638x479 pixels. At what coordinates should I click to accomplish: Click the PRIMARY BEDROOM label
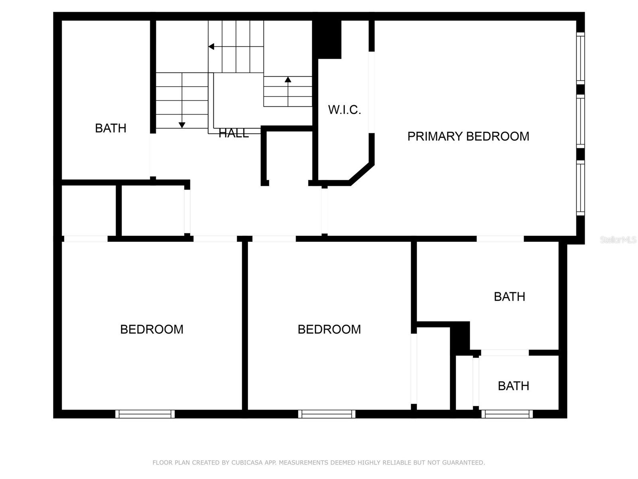pyautogui.click(x=468, y=137)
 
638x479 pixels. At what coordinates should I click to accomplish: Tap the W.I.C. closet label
pyautogui.click(x=345, y=110)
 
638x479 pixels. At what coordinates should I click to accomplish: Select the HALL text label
pyautogui.click(x=234, y=133)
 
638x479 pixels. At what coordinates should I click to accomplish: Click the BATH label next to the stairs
pyautogui.click(x=110, y=128)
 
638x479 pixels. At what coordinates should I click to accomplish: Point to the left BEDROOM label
pyautogui.click(x=152, y=329)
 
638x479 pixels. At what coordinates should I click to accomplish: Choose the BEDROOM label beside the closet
pyautogui.click(x=329, y=329)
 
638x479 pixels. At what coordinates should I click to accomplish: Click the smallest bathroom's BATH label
pyautogui.click(x=513, y=386)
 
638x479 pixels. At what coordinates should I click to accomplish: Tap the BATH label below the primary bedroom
pyautogui.click(x=509, y=297)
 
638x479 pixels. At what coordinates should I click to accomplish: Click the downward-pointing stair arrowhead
pyautogui.click(x=182, y=125)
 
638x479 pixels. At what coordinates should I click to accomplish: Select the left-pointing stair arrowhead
pyautogui.click(x=211, y=47)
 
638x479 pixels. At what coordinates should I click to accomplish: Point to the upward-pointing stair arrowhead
pyautogui.click(x=288, y=79)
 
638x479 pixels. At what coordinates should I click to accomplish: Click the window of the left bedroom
pyautogui.click(x=145, y=414)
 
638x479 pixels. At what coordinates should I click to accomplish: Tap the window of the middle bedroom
pyautogui.click(x=327, y=414)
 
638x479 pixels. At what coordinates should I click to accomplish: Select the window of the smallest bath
pyautogui.click(x=507, y=414)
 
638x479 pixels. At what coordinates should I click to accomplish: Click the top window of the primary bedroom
pyautogui.click(x=581, y=58)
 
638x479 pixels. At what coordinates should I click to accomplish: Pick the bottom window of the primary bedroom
pyautogui.click(x=581, y=188)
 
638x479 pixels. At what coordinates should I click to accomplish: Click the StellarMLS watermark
pyautogui.click(x=618, y=240)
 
